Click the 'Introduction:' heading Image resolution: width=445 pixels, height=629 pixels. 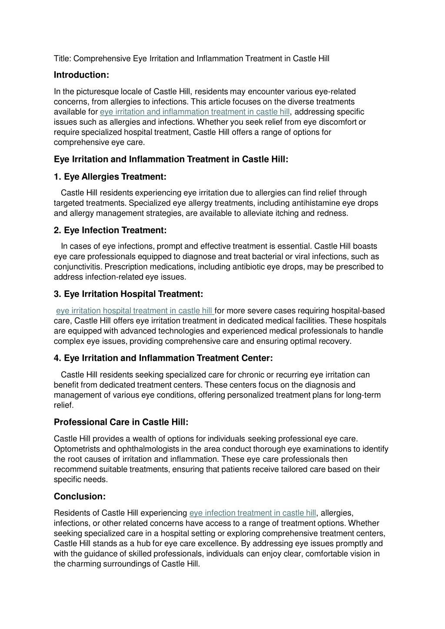pos(81,75)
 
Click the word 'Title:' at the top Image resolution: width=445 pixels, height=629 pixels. pos(63,59)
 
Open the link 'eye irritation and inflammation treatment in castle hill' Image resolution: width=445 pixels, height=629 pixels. pos(194,112)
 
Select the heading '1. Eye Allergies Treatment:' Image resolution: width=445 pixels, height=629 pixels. pos(110,177)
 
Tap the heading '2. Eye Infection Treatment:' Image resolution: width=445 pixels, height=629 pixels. pos(110,230)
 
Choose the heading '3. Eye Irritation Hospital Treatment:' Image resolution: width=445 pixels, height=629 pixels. pos(128,294)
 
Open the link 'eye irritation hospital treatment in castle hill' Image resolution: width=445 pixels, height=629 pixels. pos(134,311)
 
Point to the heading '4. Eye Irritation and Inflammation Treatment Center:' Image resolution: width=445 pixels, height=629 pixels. pos(163,358)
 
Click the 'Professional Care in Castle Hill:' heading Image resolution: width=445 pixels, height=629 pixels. pos(121,422)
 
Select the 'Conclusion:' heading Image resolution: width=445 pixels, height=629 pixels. pos(80,496)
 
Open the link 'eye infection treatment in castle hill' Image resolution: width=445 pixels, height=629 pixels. pos(252,513)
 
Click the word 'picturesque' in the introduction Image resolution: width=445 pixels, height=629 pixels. pos(97,92)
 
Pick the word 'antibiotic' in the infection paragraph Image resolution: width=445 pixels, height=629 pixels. pos(253,267)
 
